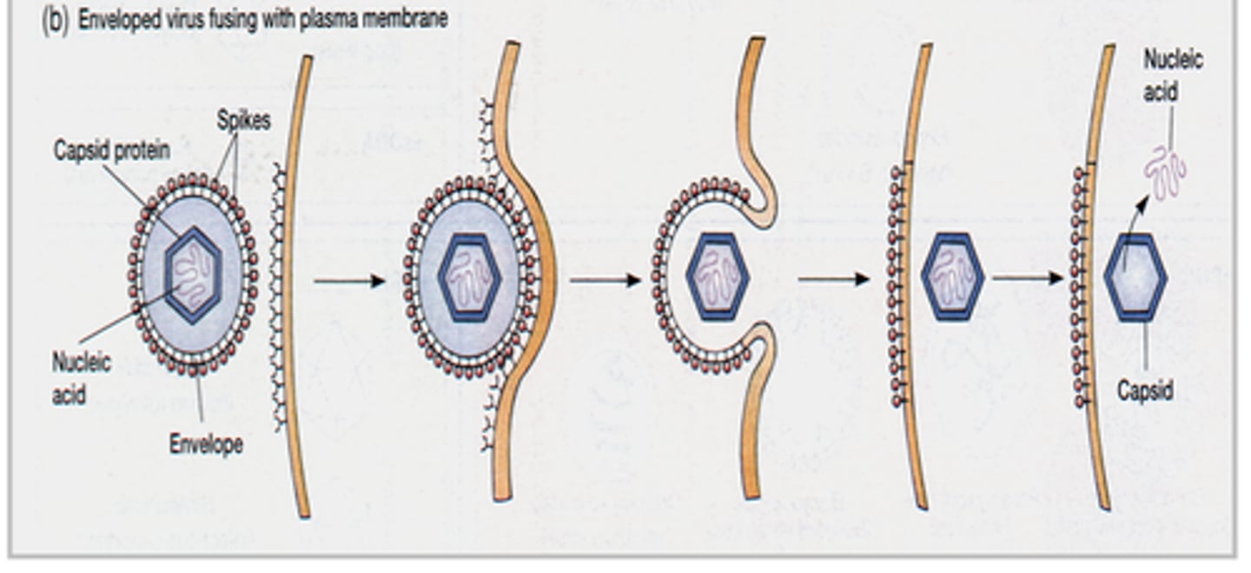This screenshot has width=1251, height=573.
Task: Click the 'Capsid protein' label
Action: point(112,150)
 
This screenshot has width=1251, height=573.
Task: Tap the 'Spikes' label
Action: point(245,121)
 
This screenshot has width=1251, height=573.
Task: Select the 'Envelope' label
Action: point(206,444)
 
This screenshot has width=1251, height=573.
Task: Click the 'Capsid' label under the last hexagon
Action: point(1145,390)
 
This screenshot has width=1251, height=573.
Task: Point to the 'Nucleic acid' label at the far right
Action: point(1172,75)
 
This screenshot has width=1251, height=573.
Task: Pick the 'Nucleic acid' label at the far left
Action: point(81,377)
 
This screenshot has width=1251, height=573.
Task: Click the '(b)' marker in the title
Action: point(55,21)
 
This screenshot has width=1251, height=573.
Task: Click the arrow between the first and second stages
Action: point(349,280)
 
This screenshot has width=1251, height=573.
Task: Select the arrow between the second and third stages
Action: point(605,280)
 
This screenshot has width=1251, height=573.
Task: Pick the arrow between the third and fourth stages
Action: point(833,279)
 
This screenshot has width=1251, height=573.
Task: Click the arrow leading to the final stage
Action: point(1029,278)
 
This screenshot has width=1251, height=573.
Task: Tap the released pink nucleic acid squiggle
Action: point(1164,173)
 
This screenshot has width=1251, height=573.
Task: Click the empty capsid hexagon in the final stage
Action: point(1135,277)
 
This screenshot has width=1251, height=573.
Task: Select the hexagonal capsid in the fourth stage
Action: point(952,277)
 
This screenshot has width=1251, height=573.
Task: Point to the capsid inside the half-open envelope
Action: point(718,277)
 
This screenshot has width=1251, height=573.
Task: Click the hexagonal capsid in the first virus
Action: point(193,276)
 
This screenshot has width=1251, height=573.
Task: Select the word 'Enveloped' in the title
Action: point(120,20)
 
